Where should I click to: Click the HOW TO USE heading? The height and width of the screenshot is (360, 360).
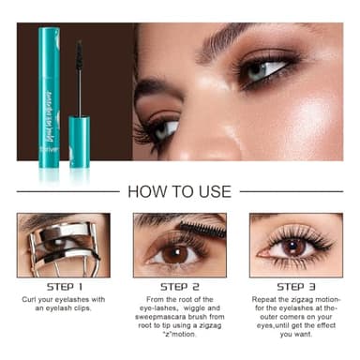click(179, 191)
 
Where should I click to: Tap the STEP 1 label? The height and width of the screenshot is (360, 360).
click(63, 286)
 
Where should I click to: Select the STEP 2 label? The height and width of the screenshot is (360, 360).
click(179, 286)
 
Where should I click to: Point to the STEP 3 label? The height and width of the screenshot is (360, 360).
click(295, 286)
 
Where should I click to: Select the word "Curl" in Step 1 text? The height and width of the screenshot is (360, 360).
click(30, 301)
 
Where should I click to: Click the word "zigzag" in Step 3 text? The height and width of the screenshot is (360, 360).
click(299, 301)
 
